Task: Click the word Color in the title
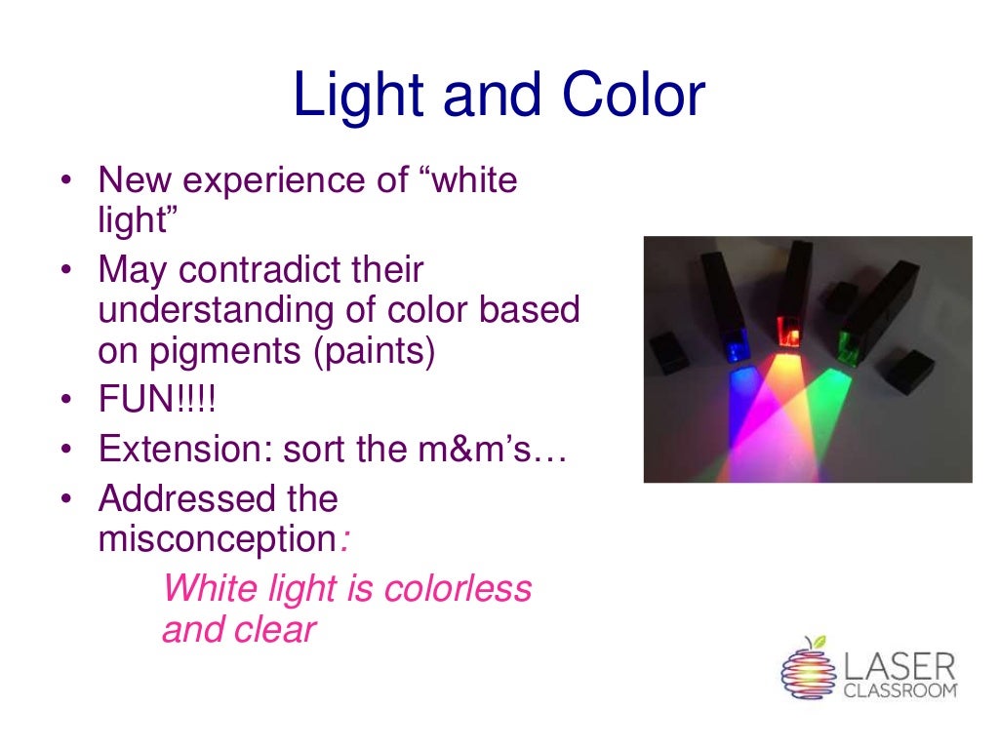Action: (x=633, y=97)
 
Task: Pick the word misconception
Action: (x=218, y=539)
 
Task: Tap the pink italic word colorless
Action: (x=459, y=589)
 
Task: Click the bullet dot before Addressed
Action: (x=64, y=499)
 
